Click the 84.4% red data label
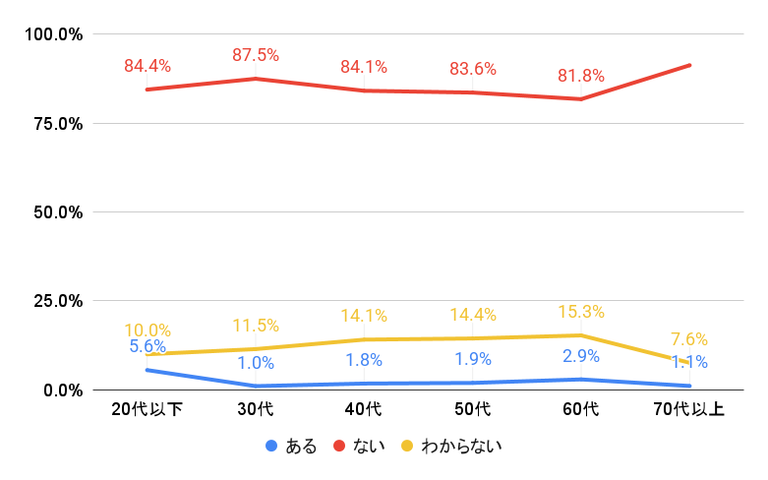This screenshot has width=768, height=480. (x=148, y=67)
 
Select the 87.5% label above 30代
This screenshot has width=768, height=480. (x=256, y=55)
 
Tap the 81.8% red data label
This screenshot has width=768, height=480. (x=581, y=76)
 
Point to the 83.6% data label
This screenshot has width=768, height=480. (x=473, y=69)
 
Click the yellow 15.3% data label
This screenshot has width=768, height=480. (x=581, y=312)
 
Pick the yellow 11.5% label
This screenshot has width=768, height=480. (x=256, y=326)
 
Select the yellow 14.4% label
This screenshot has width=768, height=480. (x=473, y=316)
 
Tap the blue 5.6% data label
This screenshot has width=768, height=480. (x=148, y=346)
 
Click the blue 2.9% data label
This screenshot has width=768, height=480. (x=581, y=356)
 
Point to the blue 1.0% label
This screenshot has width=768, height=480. (x=256, y=363)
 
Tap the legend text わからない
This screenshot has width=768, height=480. (x=461, y=447)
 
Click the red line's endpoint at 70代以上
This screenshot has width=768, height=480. (x=690, y=65)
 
